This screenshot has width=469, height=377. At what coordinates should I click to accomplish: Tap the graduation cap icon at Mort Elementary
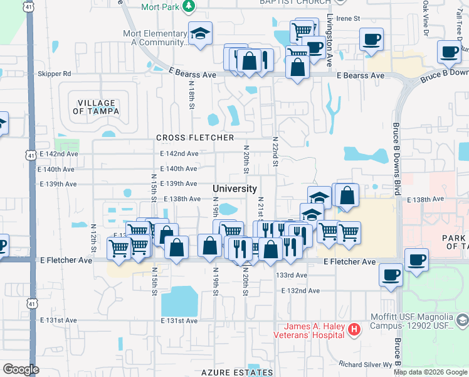coord(200,35)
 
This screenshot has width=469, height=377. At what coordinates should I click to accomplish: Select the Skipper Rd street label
coord(54,74)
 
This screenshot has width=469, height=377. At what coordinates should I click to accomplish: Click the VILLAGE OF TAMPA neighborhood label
coord(97,107)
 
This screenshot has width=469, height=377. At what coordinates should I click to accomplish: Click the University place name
coord(234,188)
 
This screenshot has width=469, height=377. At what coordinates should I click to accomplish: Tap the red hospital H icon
coord(354,329)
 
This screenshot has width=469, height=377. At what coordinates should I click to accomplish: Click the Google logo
coord(21,369)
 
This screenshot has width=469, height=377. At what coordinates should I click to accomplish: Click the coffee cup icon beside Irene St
coord(371,39)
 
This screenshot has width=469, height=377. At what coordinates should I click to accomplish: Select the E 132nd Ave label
coord(301,291)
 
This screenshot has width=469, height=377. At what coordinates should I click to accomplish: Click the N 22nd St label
coord(275,151)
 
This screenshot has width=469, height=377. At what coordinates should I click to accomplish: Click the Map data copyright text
coord(430,372)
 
